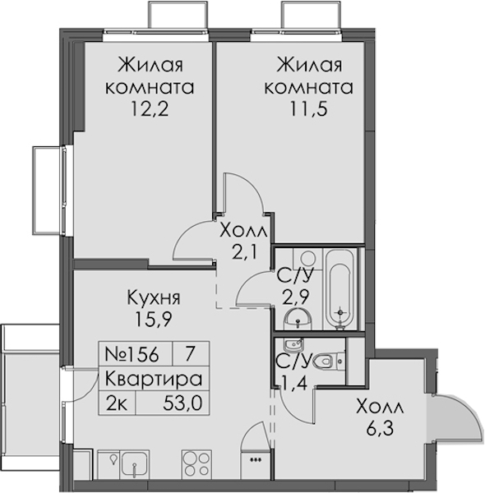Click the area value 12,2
coord(150,109)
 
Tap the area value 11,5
coord(308,109)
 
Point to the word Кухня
coord(154,297)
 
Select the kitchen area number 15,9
coord(153,319)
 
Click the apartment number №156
coord(132,354)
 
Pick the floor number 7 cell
coord(189,354)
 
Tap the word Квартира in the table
coord(153,379)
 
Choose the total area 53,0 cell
coord(182,403)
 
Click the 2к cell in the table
coord(117,403)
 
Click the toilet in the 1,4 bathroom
coord(329,362)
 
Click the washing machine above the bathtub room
coord(308,259)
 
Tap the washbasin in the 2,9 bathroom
coord(298,319)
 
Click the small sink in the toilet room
coord(293,345)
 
